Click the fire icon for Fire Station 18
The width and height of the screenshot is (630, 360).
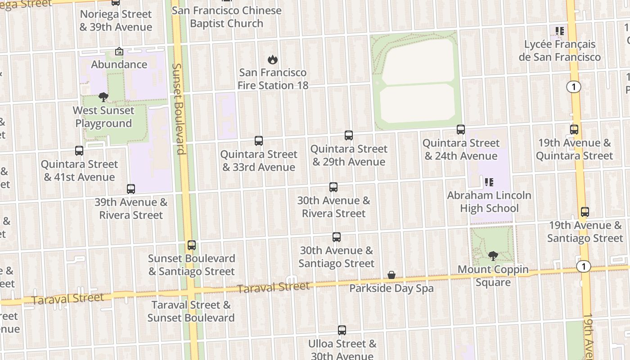pos(272,59)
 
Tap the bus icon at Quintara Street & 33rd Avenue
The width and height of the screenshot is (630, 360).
pos(259,141)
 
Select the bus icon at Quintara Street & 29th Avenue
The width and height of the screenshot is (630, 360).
pos(349,135)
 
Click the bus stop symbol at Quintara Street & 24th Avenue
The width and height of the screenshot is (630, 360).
pos(461,130)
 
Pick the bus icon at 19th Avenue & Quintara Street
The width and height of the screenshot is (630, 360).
pos(574,130)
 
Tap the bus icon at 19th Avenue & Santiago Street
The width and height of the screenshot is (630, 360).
pos(585,212)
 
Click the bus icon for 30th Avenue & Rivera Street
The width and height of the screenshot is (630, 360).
pos(333,187)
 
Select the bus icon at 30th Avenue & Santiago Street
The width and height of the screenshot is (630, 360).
pos(337,237)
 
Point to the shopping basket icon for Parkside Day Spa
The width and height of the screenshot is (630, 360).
pos(391,275)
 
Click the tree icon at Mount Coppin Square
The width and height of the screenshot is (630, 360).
pos(493,256)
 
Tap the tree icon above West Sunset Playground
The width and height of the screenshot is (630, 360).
pos(103,97)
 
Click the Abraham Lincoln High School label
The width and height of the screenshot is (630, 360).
pos(489,202)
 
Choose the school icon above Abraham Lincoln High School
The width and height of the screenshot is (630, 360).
pos(489,182)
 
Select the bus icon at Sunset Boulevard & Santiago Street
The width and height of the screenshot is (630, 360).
pos(192,245)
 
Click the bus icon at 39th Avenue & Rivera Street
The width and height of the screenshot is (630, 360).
pos(131,189)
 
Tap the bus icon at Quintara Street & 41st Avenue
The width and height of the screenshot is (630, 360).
pos(79,151)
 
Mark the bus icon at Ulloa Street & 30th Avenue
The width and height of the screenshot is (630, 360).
pos(342,330)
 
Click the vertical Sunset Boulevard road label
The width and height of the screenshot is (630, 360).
pos(179,108)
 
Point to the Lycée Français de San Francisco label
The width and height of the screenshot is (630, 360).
pos(559,50)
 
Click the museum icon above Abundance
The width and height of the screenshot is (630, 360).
pos(119,52)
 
